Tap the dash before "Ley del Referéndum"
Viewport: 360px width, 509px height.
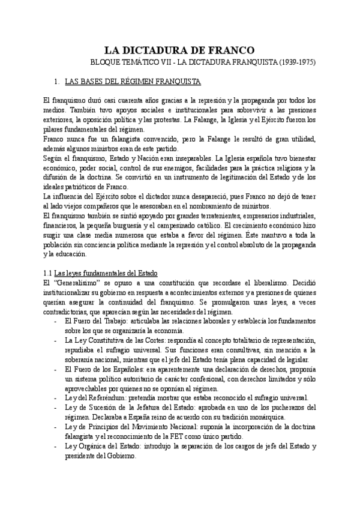click(x=55, y=399)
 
